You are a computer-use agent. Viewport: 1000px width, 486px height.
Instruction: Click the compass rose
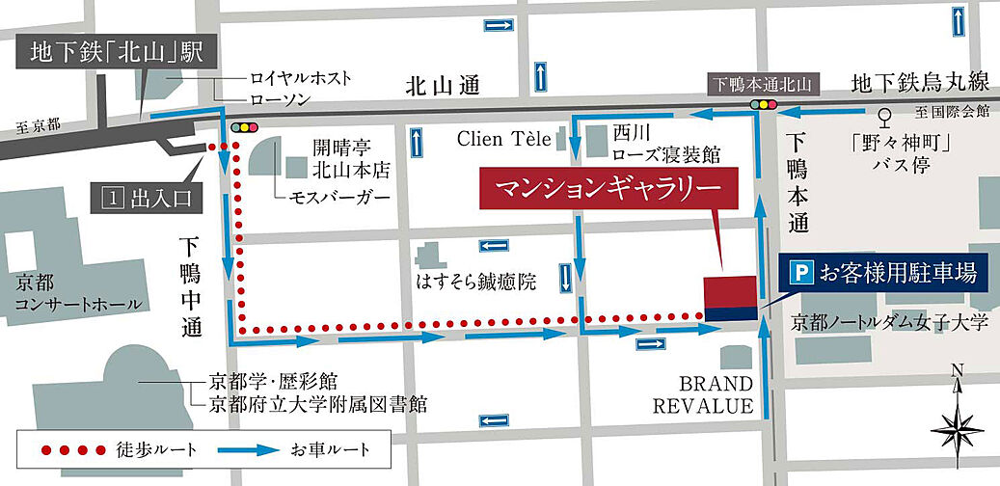point(957,420)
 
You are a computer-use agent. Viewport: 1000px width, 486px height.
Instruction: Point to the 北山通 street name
point(443,86)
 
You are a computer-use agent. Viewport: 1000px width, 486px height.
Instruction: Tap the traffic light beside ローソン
point(245,126)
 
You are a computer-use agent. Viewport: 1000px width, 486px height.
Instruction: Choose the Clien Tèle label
point(500,140)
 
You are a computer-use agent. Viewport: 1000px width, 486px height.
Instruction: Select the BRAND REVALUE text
point(703,392)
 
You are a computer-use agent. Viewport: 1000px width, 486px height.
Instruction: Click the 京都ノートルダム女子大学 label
point(889,322)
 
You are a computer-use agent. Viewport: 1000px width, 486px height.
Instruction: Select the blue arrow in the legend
point(245,449)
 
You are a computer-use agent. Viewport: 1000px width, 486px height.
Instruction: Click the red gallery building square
point(731,290)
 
